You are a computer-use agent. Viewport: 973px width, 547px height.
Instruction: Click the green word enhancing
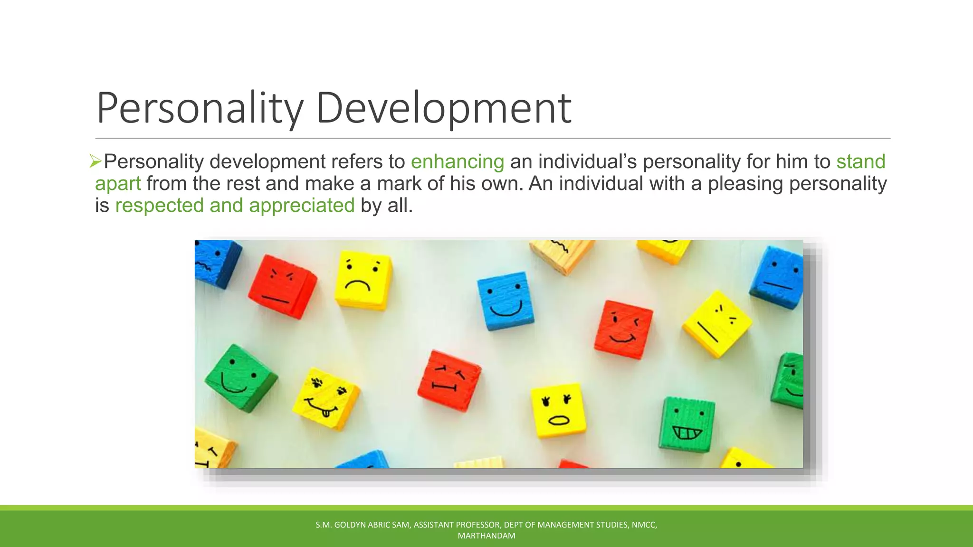click(x=457, y=162)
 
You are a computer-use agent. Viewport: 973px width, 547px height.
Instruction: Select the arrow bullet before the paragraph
click(x=95, y=161)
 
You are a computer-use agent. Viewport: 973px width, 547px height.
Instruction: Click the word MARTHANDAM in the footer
click(x=486, y=536)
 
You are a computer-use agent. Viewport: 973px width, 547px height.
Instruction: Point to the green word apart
click(x=118, y=184)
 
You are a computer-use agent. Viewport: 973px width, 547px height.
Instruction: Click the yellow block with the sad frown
click(x=363, y=280)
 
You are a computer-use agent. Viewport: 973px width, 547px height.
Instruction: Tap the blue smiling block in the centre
click(x=505, y=301)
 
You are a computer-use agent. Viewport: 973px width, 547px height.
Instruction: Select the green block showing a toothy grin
click(x=687, y=424)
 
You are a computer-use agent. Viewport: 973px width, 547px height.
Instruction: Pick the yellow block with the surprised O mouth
click(x=558, y=410)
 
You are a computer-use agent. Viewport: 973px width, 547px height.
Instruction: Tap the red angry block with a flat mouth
click(x=282, y=286)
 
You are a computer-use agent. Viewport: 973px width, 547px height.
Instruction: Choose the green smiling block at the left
click(x=240, y=377)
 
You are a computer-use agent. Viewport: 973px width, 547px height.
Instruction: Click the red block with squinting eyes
click(x=448, y=380)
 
